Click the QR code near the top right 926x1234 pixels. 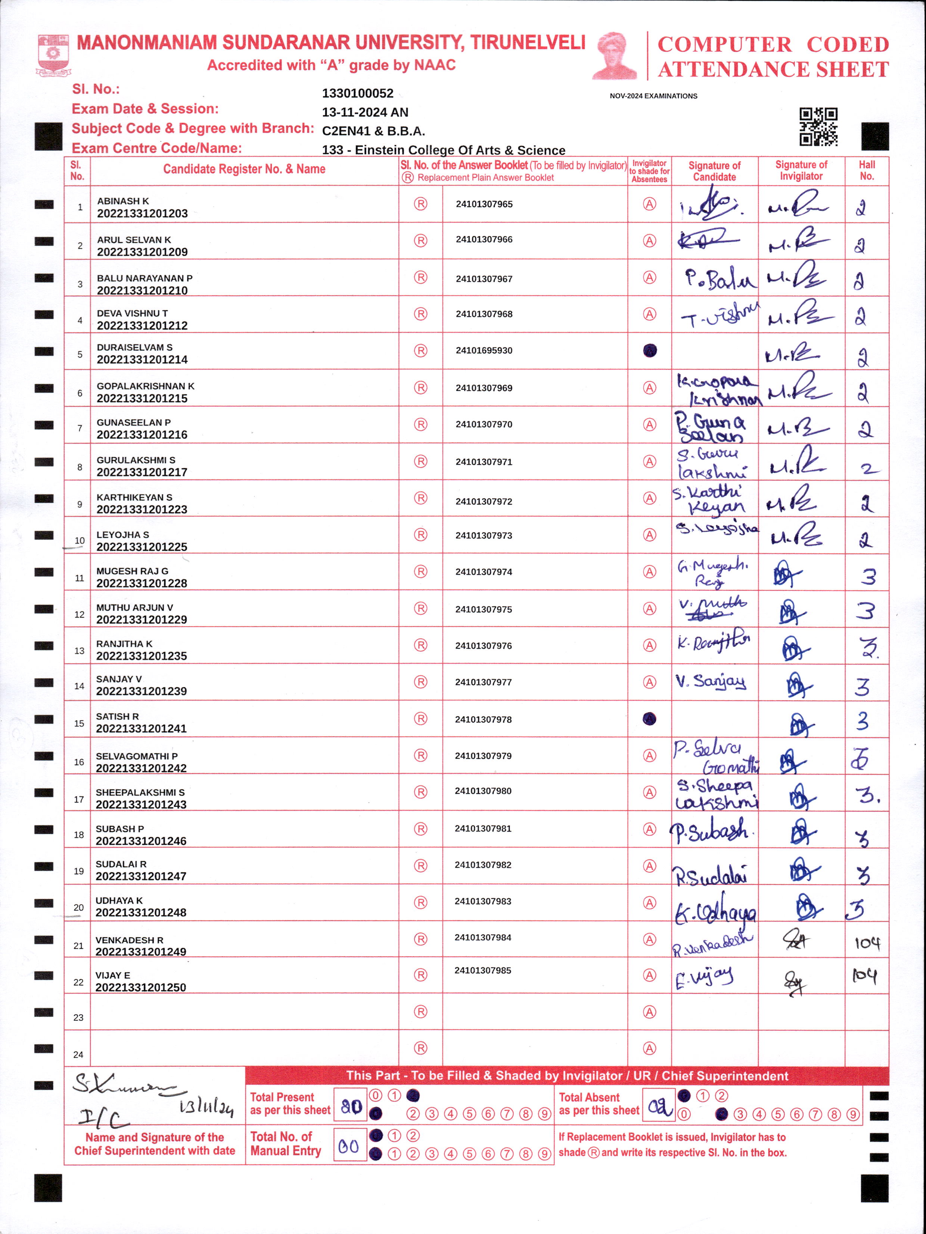pos(818,127)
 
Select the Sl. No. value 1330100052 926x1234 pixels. pos(357,94)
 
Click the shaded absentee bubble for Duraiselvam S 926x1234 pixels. pos(650,350)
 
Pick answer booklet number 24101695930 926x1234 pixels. pos(484,350)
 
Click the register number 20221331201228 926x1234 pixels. pos(142,583)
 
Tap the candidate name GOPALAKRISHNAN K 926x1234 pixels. pos(146,386)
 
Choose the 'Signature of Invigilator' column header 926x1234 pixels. pos(801,171)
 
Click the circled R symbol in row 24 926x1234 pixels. pos(420,1048)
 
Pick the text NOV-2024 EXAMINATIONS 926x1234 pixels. pos(653,96)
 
